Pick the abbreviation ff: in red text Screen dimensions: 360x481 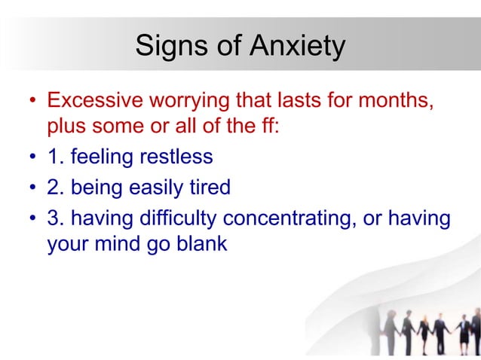(x=269, y=126)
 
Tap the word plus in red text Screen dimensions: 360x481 (x=66, y=126)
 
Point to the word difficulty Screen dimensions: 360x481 (x=179, y=218)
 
